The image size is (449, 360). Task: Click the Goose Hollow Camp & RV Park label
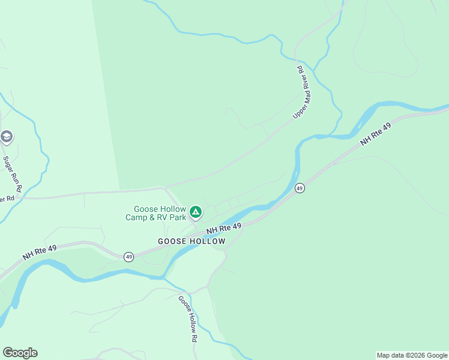[x=156, y=213]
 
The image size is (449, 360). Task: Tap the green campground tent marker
[x=195, y=212]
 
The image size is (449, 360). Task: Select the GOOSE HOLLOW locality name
[x=191, y=241]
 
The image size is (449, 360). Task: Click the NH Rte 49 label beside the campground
[x=224, y=229]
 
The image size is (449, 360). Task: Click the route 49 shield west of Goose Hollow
[x=128, y=257]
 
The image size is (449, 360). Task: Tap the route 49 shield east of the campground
[x=300, y=188]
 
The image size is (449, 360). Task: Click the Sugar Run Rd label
[x=13, y=175]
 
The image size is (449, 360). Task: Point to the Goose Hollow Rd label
[x=188, y=319]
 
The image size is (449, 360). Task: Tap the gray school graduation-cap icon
[x=7, y=137]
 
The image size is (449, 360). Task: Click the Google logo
[x=20, y=353]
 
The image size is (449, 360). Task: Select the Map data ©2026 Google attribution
[x=412, y=355]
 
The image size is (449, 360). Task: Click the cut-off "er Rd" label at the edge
[x=7, y=199]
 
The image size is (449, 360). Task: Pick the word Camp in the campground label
[x=137, y=217]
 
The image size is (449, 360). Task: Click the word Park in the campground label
[x=178, y=217]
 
